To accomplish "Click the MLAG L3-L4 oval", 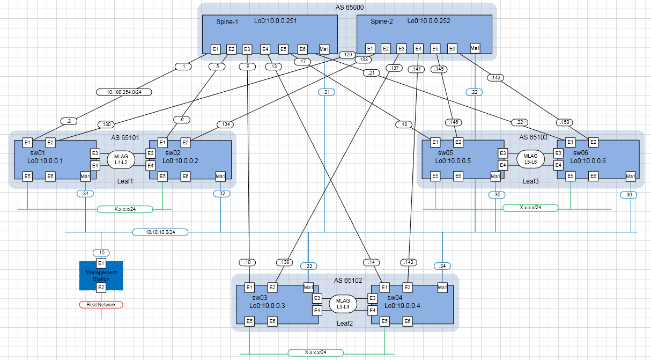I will (x=342, y=304).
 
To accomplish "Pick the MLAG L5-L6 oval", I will (x=530, y=159).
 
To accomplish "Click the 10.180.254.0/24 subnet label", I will (x=124, y=92).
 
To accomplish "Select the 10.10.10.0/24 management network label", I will (x=160, y=232).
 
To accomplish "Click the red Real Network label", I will (x=101, y=304).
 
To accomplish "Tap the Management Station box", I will (x=101, y=276).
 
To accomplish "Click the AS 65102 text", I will (x=348, y=280).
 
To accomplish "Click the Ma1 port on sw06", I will (x=631, y=176).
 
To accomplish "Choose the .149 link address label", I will (x=496, y=78).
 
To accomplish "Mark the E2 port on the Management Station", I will (x=101, y=288).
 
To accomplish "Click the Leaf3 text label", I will (x=530, y=181).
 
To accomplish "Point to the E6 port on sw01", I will (x=50, y=176).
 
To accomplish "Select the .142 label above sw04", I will (x=409, y=262).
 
